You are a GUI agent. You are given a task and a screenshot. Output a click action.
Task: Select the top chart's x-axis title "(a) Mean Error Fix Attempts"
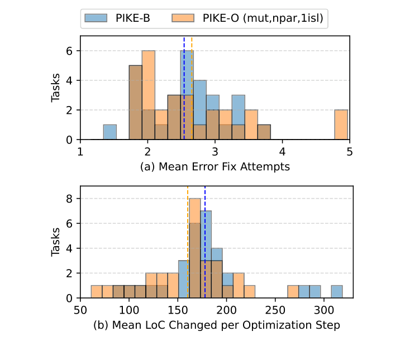[216, 166]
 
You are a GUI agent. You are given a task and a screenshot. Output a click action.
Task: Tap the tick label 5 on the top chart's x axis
[350, 151]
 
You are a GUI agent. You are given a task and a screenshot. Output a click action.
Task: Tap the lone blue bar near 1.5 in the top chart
[110, 132]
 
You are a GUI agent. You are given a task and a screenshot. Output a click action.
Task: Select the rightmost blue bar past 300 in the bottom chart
[337, 292]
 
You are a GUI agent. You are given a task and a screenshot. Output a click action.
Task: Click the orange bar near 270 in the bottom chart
[293, 292]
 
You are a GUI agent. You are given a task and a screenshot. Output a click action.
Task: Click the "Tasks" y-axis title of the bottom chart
[56, 242]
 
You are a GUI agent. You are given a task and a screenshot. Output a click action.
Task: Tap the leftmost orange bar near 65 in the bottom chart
[96, 292]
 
